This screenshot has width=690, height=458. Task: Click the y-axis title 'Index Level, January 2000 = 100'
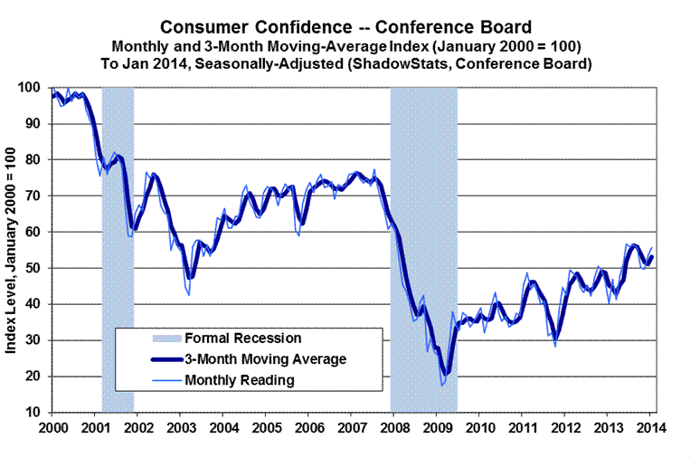pos(15,250)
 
